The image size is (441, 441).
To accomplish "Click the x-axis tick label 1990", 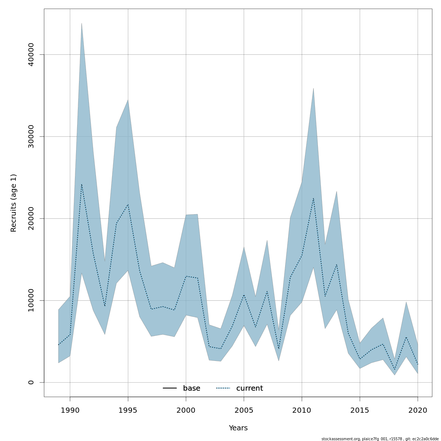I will [70, 410].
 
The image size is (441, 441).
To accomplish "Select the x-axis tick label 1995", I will [128, 410].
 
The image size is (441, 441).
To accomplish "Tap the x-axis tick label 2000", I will [186, 410].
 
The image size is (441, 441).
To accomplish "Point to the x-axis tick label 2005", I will [244, 410].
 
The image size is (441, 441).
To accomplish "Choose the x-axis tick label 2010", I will [302, 410].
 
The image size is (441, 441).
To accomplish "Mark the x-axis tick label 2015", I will [360, 410].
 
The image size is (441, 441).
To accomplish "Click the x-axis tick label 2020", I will [418, 410].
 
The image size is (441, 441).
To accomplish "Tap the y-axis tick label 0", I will [31, 382].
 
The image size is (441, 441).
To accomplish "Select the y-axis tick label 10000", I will [31, 300].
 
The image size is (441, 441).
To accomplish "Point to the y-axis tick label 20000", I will [31, 218].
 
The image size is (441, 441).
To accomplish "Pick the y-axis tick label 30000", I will [31, 136].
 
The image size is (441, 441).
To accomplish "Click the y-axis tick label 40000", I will [31, 54].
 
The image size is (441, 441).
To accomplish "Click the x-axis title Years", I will [238, 428].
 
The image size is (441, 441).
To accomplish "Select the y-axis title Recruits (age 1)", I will [14, 203].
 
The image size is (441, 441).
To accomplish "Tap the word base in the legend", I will [191, 388].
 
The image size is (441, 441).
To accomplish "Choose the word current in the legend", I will [250, 388].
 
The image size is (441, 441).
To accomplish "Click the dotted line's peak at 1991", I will [82, 184].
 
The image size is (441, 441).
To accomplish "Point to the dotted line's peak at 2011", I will [313, 198].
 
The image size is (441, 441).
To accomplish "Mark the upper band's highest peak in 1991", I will [82, 23].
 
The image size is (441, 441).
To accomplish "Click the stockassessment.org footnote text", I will [380, 439].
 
